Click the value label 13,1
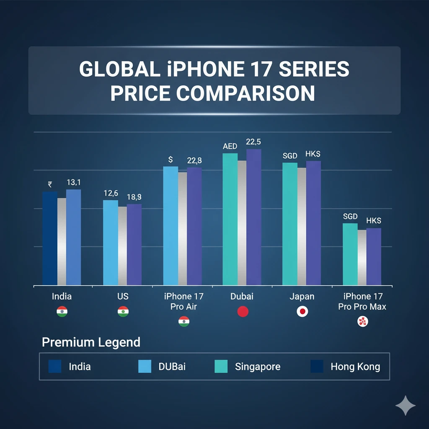pyautogui.click(x=74, y=182)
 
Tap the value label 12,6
pyautogui.click(x=111, y=193)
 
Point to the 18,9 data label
pyautogui.click(x=134, y=197)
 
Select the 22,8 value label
pyautogui.click(x=194, y=160)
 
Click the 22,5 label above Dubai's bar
pyautogui.click(x=254, y=142)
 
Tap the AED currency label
pyautogui.click(x=230, y=146)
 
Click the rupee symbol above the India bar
pyautogui.click(x=50, y=184)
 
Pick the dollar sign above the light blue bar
pyautogui.click(x=171, y=159)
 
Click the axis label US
pyautogui.click(x=123, y=297)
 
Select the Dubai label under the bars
pyautogui.click(x=242, y=297)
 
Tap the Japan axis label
pyautogui.click(x=302, y=297)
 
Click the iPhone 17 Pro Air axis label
pyautogui.click(x=183, y=302)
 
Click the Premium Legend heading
pyautogui.click(x=91, y=342)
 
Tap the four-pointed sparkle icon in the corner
pyautogui.click(x=406, y=406)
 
